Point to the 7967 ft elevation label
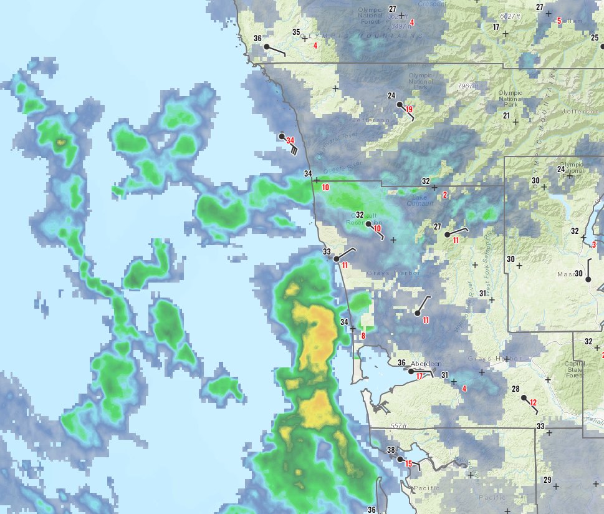pyautogui.click(x=467, y=86)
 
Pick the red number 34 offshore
pyautogui.click(x=290, y=141)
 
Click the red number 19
pyautogui.click(x=410, y=110)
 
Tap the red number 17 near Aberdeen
pyautogui.click(x=419, y=376)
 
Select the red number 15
pyautogui.click(x=409, y=463)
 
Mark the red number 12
pyautogui.click(x=533, y=402)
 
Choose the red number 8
pyautogui.click(x=363, y=336)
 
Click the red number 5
pyautogui.click(x=559, y=21)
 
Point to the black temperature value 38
pyautogui.click(x=391, y=450)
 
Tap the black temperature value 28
pyautogui.click(x=515, y=389)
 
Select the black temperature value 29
pyautogui.click(x=547, y=480)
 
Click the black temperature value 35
pyautogui.click(x=297, y=32)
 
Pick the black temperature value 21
pyautogui.click(x=507, y=116)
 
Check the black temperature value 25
pyautogui.click(x=595, y=37)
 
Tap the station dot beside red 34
pyautogui.click(x=282, y=136)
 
